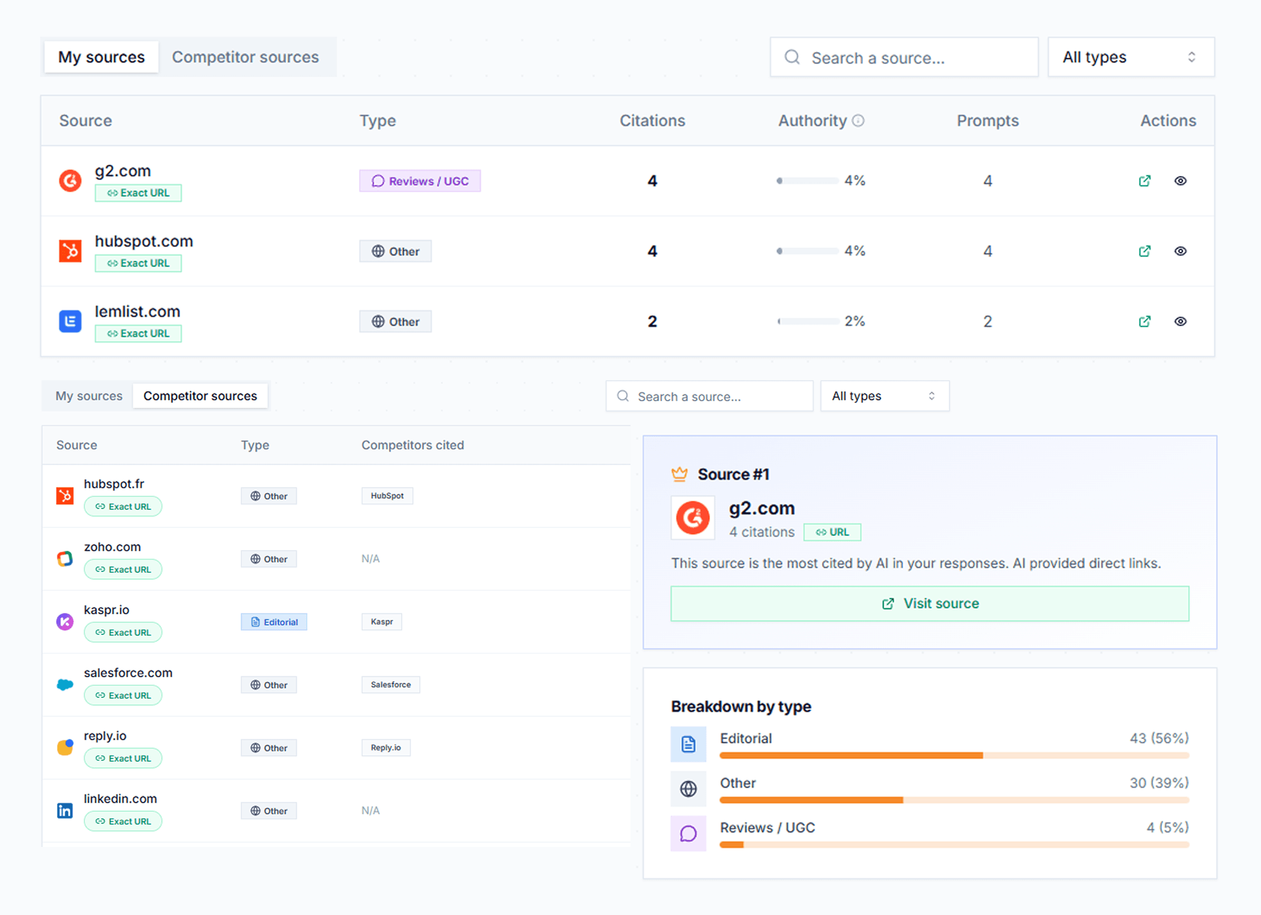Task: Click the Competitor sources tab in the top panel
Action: point(245,57)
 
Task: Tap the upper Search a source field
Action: point(904,57)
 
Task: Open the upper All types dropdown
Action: point(1130,57)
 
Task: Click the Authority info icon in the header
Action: point(859,121)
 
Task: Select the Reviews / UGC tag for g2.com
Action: point(420,181)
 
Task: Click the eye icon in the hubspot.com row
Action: point(1180,251)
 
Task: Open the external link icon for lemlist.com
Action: point(1144,321)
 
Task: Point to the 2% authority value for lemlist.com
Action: point(854,321)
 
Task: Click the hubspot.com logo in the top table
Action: point(70,251)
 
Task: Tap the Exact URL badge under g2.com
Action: point(138,193)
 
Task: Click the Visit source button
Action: point(930,604)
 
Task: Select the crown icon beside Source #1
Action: point(679,474)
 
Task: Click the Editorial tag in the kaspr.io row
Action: point(274,622)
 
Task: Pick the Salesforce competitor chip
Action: point(391,685)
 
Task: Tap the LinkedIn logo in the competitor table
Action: point(65,810)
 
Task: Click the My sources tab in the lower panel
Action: point(89,396)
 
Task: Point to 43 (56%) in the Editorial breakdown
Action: point(1159,738)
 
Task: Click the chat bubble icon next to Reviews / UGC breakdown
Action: point(688,834)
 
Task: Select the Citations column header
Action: point(652,121)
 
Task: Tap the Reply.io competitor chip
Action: point(386,748)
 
